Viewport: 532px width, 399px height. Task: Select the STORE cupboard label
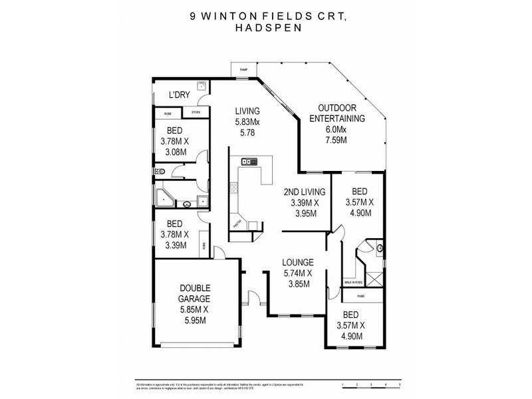[196, 112]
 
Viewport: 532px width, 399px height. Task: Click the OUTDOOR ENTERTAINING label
[340, 113]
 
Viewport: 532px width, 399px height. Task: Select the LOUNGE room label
[297, 263]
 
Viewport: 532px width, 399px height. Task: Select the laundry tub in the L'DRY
[200, 86]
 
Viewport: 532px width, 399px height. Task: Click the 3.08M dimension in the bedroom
[174, 152]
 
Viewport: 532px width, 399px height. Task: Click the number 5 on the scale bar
[398, 385]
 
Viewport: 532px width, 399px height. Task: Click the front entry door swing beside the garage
[252, 297]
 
